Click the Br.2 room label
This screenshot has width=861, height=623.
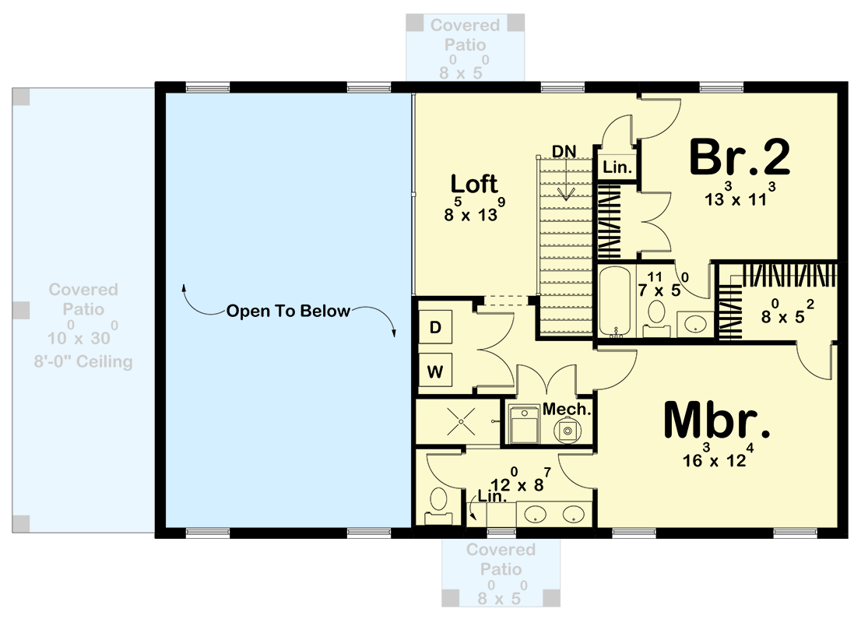(740, 158)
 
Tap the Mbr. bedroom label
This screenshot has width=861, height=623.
(716, 423)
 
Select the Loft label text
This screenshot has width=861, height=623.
(474, 185)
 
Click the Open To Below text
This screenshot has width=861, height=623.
(288, 311)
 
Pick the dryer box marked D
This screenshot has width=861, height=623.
(436, 328)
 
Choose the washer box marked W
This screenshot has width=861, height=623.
(436, 370)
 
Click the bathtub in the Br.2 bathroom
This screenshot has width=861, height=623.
(616, 301)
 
